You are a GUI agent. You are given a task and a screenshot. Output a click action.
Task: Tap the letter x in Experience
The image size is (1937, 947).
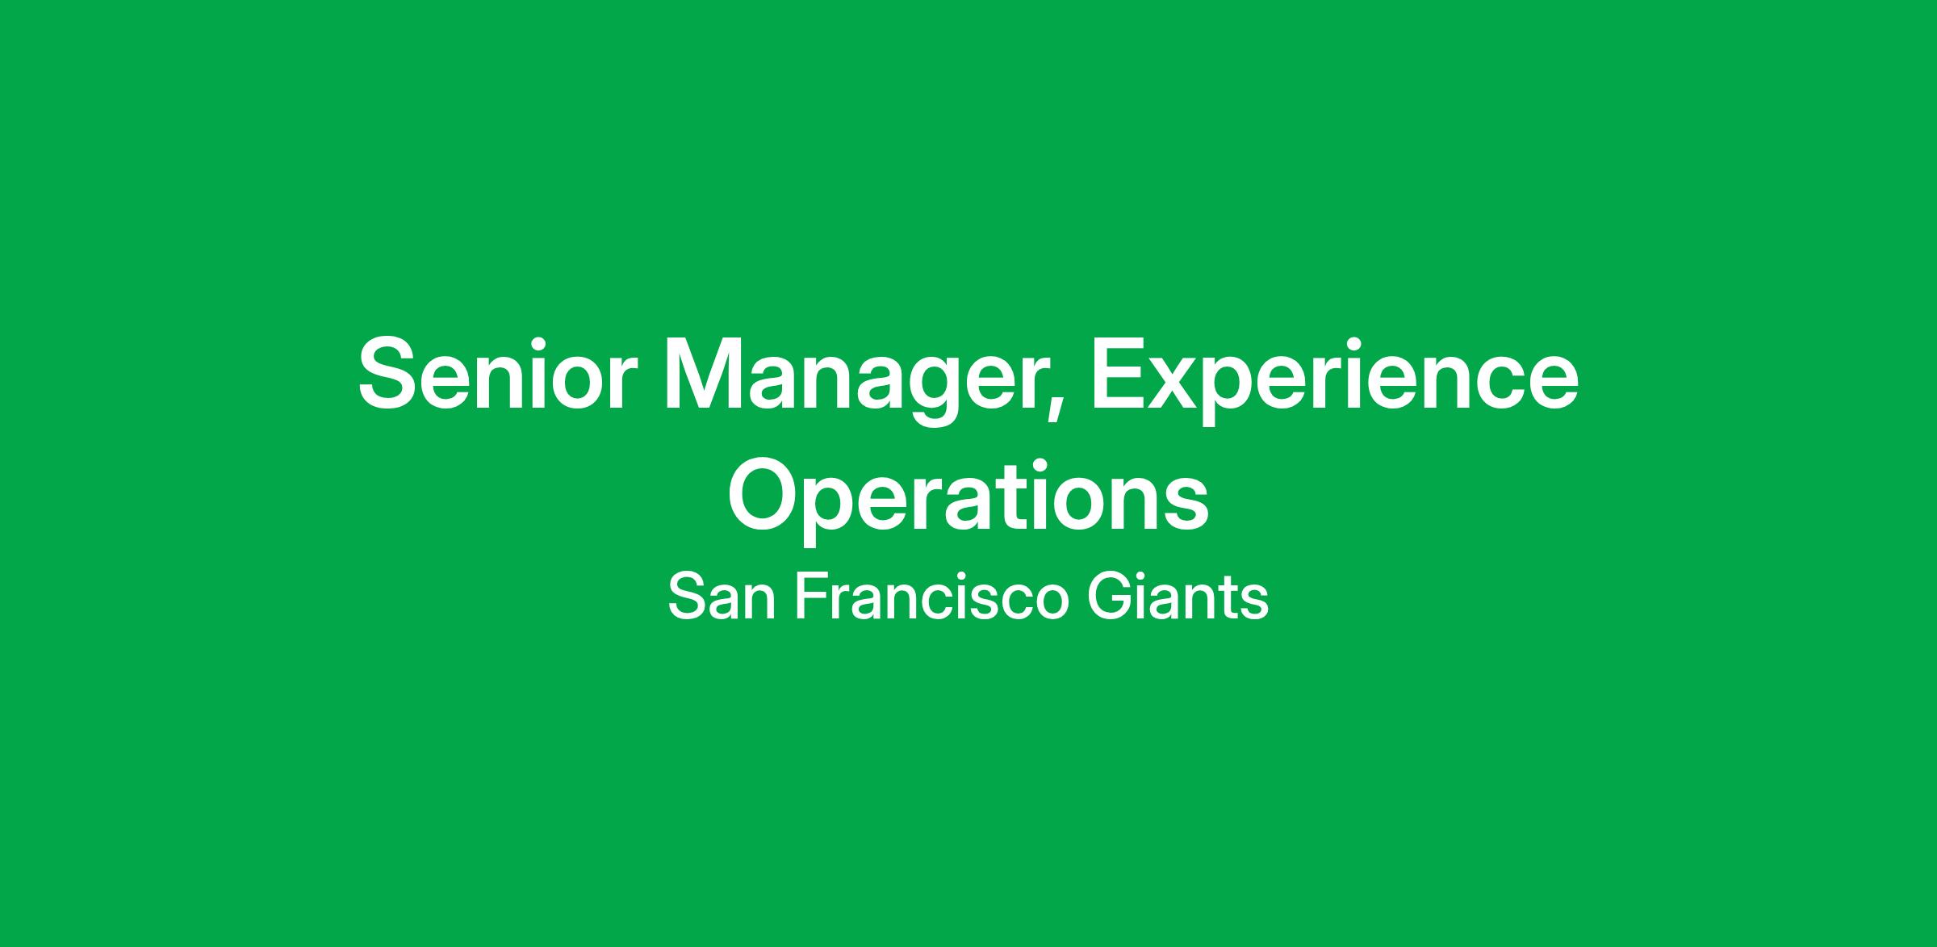tap(1180, 383)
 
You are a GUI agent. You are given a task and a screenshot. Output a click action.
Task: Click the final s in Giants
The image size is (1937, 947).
tap(1253, 603)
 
